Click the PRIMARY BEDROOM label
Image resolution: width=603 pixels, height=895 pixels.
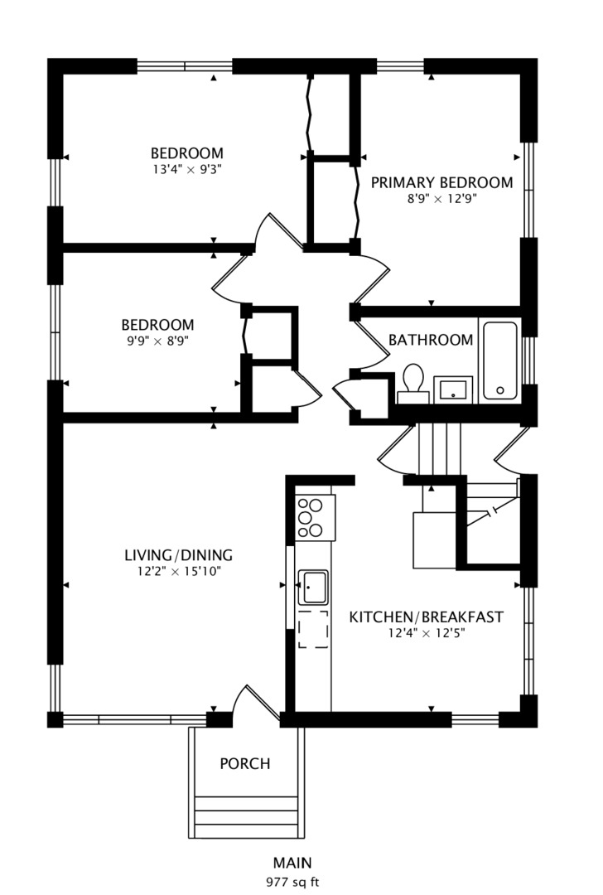pyautogui.click(x=441, y=182)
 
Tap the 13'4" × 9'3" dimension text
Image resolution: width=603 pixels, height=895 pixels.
pyautogui.click(x=186, y=168)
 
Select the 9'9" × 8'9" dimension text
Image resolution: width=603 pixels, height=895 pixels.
pyautogui.click(x=157, y=340)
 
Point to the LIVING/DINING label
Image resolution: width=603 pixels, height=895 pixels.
pyautogui.click(x=178, y=555)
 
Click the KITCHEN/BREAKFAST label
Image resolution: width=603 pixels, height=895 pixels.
pyautogui.click(x=426, y=617)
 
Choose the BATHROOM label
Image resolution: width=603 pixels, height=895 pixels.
pyautogui.click(x=431, y=340)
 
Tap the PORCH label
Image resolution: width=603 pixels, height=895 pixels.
pyautogui.click(x=244, y=763)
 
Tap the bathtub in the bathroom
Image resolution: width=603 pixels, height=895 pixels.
pyautogui.click(x=499, y=360)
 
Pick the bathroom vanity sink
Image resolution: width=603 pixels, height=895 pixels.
pyautogui.click(x=453, y=389)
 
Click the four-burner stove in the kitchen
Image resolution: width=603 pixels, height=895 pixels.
pyautogui.click(x=314, y=517)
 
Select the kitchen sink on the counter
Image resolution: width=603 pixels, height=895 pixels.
pyautogui.click(x=313, y=587)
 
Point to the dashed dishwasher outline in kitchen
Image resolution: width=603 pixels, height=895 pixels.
pyautogui.click(x=313, y=628)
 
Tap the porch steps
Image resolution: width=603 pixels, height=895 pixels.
pyautogui.click(x=245, y=816)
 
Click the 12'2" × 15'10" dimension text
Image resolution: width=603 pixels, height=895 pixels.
pyautogui.click(x=178, y=571)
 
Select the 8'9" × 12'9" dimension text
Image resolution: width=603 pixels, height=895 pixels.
pyautogui.click(x=441, y=199)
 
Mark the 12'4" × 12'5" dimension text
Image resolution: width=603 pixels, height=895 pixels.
pyautogui.click(x=426, y=634)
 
